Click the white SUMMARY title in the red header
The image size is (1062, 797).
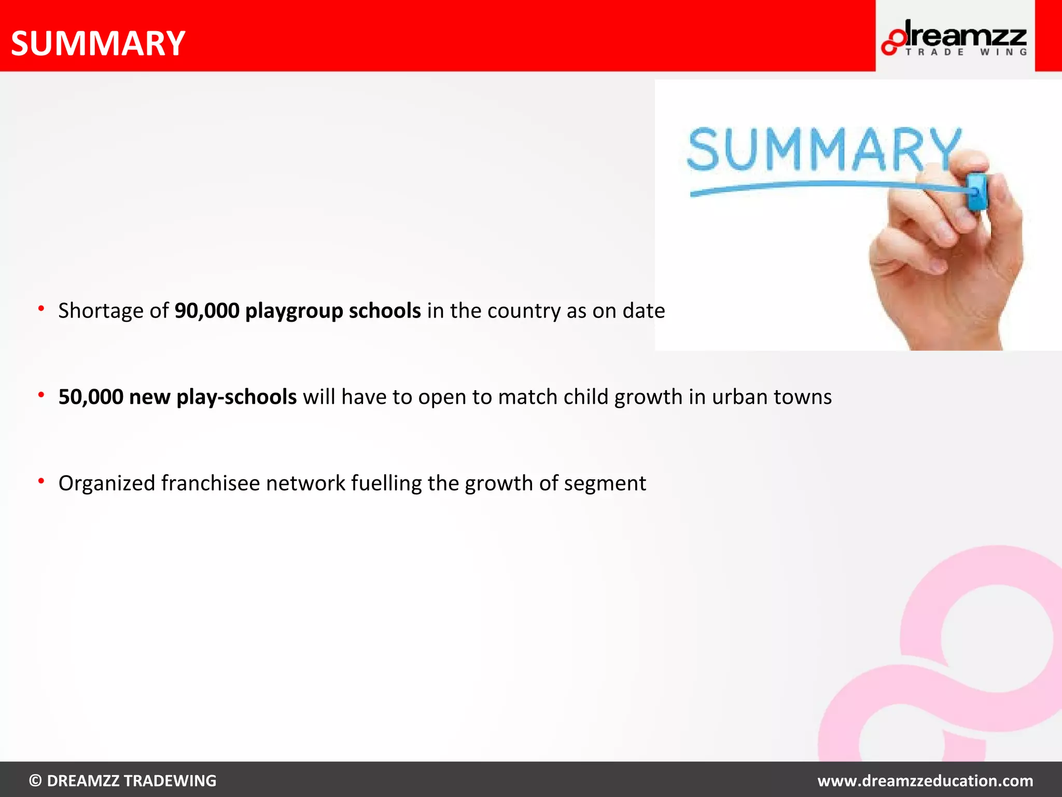pyautogui.click(x=98, y=43)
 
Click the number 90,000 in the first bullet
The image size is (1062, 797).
pyautogui.click(x=207, y=311)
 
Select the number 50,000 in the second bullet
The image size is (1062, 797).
pyautogui.click(x=91, y=397)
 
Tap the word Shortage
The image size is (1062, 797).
pyautogui.click(x=101, y=311)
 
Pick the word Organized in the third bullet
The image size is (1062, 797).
pyautogui.click(x=106, y=484)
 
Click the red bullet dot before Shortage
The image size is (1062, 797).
pyautogui.click(x=41, y=309)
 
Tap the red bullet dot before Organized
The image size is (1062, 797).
pyautogui.click(x=41, y=482)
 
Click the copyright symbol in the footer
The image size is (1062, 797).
pyautogui.click(x=35, y=780)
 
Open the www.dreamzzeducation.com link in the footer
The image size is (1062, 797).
pyautogui.click(x=925, y=780)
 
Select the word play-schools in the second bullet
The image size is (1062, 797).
pyautogui.click(x=236, y=397)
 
